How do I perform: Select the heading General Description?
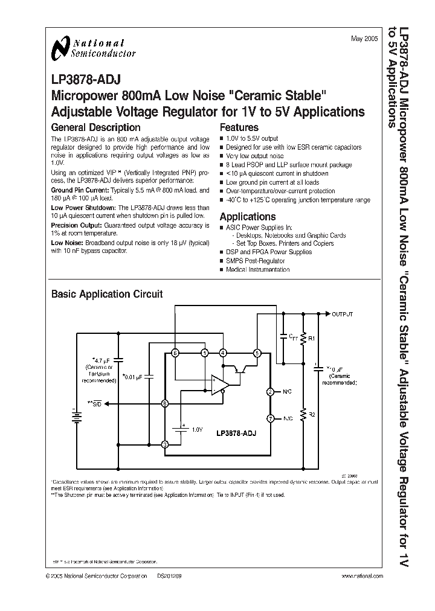coord(95,127)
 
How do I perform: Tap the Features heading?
coord(239,127)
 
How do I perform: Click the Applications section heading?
coord(247,217)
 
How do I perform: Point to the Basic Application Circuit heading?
coord(107,295)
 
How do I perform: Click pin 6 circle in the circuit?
coord(175,353)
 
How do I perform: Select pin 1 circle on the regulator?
coord(205,353)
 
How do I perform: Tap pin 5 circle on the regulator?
coord(257,353)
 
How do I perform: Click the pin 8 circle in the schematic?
coord(165,403)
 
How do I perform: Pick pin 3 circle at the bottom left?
coord(165,445)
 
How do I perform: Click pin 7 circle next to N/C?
coord(270,418)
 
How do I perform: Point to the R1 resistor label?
coord(312,339)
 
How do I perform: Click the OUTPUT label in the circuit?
coord(343,314)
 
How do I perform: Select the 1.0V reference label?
coord(198,429)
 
